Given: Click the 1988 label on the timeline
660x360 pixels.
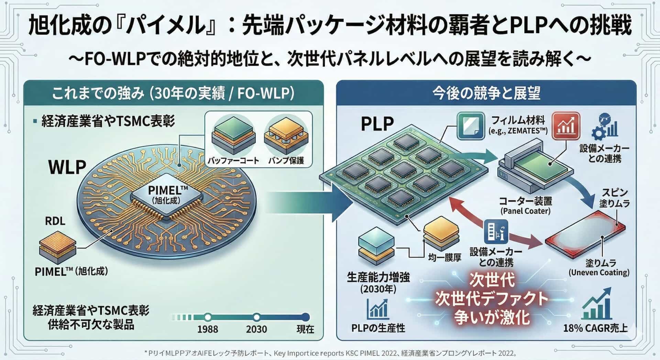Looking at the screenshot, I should click(x=208, y=329).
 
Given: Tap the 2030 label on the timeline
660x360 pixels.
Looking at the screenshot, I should click(x=256, y=329).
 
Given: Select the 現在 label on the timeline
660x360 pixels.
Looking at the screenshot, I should click(x=305, y=329).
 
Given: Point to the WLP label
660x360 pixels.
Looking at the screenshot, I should click(x=67, y=167).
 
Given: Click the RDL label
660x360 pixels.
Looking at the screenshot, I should click(x=55, y=221).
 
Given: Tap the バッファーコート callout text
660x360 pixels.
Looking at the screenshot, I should click(x=233, y=161).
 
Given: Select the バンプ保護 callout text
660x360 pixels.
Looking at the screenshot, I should click(x=286, y=161).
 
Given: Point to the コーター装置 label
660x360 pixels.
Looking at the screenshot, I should click(x=525, y=201).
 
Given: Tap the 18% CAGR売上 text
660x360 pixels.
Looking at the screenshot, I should click(x=595, y=328).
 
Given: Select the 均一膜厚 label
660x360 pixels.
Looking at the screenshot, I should click(x=444, y=257).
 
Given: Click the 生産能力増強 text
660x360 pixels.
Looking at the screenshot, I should click(x=378, y=277).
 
